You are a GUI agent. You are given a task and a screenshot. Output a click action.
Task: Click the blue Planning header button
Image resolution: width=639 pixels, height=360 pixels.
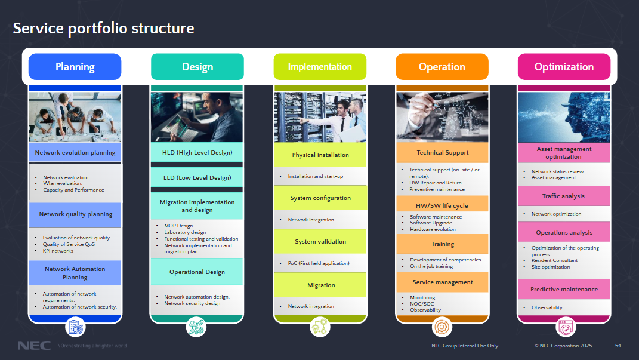pyautogui.click(x=75, y=67)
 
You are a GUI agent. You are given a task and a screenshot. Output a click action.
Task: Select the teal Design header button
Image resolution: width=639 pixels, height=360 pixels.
pyautogui.click(x=197, y=67)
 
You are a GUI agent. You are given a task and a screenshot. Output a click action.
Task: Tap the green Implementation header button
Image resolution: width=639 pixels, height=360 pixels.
pyautogui.click(x=320, y=67)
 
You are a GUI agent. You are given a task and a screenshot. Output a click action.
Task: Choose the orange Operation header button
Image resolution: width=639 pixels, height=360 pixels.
pyautogui.click(x=442, y=67)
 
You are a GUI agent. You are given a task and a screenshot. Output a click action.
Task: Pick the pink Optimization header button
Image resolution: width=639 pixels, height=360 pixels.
pyautogui.click(x=564, y=67)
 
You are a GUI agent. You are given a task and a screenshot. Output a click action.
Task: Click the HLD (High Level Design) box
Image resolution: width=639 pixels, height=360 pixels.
pyautogui.click(x=197, y=152)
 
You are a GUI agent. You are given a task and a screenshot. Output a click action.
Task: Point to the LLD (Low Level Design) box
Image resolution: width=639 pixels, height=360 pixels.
pyautogui.click(x=197, y=177)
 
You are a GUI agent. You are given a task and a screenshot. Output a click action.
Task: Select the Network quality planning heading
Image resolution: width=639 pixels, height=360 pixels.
pyautogui.click(x=75, y=214)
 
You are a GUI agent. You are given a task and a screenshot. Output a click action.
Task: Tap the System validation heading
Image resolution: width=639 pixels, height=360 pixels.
pyautogui.click(x=320, y=242)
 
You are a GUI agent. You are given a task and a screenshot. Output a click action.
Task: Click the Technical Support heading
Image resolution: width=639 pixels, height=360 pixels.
pyautogui.click(x=442, y=153)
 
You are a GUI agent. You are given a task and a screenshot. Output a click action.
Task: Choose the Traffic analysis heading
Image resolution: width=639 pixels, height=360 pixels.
pyautogui.click(x=563, y=196)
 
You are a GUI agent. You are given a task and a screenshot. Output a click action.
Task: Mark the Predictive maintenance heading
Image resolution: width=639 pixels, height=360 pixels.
pyautogui.click(x=564, y=290)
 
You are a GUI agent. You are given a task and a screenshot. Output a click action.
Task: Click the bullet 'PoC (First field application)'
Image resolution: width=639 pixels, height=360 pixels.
pyautogui.click(x=319, y=263)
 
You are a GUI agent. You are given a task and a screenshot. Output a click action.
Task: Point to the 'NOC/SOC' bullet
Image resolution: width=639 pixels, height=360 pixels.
pyautogui.click(x=422, y=304)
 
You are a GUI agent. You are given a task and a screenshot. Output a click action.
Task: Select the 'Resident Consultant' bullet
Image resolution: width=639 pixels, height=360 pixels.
pyautogui.click(x=554, y=260)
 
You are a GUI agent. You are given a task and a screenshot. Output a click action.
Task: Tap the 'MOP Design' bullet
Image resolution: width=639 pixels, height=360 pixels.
pyautogui.click(x=178, y=226)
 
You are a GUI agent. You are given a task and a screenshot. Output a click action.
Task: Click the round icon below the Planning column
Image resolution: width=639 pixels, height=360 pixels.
pyautogui.click(x=75, y=327)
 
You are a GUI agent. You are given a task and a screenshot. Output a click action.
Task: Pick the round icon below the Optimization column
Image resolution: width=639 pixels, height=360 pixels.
pyautogui.click(x=564, y=327)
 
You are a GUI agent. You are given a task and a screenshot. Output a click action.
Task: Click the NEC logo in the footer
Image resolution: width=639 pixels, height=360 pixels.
pyautogui.click(x=34, y=346)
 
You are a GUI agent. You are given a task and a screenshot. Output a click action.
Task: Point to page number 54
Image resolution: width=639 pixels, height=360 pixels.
pyautogui.click(x=618, y=346)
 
